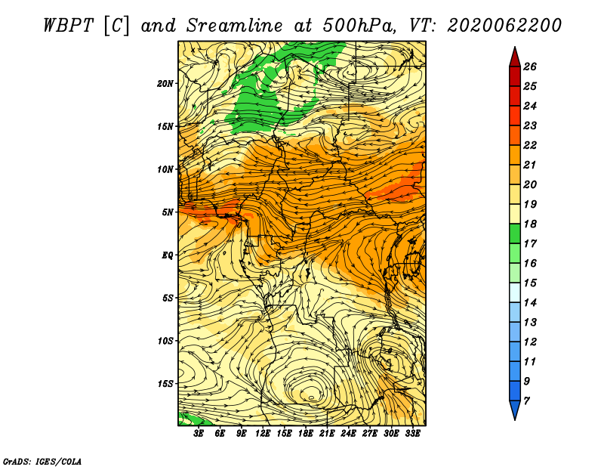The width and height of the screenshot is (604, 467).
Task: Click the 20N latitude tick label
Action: click(165, 84)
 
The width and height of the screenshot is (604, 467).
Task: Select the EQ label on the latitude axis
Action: click(167, 255)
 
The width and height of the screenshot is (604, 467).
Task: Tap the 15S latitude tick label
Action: click(165, 384)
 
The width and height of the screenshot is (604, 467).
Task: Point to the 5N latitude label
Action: click(167, 212)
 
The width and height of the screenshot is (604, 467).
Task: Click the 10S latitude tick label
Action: click(165, 341)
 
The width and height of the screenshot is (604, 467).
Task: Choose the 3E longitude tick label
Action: click(199, 434)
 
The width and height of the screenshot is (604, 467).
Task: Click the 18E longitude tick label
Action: click(306, 434)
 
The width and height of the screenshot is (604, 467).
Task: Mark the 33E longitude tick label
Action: click(412, 434)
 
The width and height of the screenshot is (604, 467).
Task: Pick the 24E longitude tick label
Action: click(348, 434)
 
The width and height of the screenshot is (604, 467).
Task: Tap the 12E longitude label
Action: click(263, 434)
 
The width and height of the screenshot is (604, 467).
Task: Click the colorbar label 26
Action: click(530, 66)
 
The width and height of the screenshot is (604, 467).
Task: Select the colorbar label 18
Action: click(530, 224)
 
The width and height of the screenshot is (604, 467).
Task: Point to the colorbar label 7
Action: click(526, 401)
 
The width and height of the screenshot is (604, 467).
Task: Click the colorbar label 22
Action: click(530, 145)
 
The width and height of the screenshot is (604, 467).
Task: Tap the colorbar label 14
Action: click(530, 303)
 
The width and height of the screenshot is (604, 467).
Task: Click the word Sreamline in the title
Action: click(235, 26)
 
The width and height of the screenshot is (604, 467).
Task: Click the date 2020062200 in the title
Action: click(504, 26)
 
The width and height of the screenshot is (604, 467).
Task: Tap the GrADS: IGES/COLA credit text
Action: click(42, 461)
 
